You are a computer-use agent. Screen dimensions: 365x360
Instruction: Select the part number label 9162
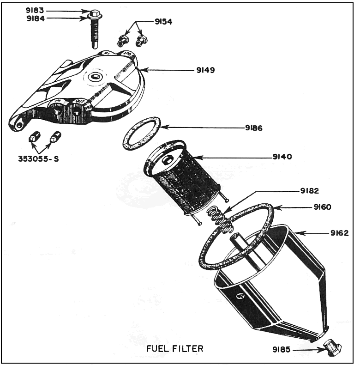339,233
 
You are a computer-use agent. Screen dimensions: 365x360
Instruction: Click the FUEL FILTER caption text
174,348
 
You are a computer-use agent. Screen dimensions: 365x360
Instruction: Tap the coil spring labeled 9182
220,218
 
